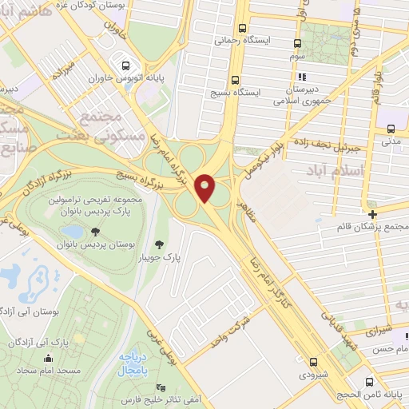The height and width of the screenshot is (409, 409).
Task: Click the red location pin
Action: (x=206, y=188)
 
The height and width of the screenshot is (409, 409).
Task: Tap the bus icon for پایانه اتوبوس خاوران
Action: (x=125, y=66)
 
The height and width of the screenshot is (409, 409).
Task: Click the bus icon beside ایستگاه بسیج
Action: (x=234, y=80)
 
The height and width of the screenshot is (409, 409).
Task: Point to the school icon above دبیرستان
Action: (x=301, y=77)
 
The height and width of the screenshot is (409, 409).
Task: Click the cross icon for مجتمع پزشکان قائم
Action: (x=373, y=213)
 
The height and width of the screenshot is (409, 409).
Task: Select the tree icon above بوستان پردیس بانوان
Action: (x=95, y=231)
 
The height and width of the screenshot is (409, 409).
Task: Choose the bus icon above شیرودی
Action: (x=312, y=361)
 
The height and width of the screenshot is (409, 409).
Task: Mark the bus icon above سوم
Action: (x=297, y=43)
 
